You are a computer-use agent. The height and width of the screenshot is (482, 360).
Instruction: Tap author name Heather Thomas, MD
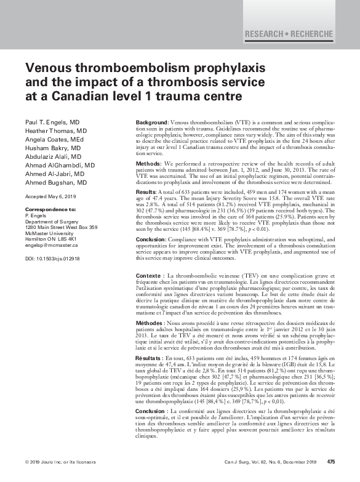(56, 131)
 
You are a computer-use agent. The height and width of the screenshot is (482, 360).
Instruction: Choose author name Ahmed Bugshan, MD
(57, 182)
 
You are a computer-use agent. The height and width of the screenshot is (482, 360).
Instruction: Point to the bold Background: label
(151, 124)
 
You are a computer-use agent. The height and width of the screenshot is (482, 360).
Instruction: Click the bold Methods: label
(148, 164)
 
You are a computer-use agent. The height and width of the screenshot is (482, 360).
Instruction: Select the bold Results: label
(146, 193)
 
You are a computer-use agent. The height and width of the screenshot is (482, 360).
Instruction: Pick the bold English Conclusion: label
(151, 239)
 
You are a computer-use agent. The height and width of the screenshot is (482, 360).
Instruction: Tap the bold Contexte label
(149, 275)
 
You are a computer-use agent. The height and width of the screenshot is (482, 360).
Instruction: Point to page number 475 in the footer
(330, 462)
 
